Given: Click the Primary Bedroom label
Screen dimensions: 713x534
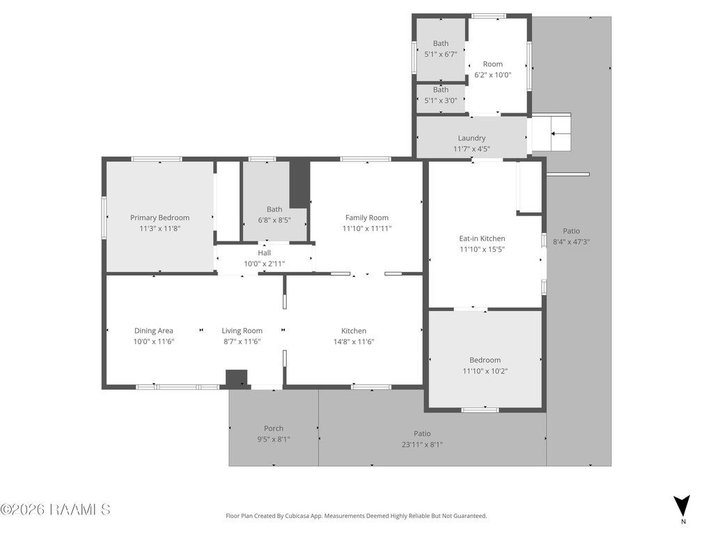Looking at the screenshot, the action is [159, 218].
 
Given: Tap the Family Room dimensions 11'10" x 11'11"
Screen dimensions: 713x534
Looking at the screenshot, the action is [367, 228].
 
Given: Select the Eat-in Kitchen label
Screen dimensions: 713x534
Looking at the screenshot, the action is [482, 238].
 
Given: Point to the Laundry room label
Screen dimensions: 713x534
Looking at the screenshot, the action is [471, 138].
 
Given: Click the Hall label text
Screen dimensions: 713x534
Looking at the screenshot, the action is [264, 253].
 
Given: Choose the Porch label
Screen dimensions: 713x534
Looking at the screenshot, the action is [274, 428].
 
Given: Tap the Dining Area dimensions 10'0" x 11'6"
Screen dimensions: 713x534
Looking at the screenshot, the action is [154, 341].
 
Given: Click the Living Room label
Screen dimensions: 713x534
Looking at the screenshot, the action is [242, 331].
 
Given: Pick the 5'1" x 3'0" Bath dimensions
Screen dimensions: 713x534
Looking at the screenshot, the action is [441, 100].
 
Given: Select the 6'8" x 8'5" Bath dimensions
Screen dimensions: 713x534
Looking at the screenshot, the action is [274, 220].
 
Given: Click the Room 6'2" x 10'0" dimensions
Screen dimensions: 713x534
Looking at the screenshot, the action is [493, 75].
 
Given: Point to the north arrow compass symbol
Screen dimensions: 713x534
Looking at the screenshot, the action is [682, 505].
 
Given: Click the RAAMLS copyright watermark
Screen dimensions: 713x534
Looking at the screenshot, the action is [55, 510].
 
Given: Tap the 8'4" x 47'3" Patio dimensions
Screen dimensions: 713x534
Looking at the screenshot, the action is [571, 242].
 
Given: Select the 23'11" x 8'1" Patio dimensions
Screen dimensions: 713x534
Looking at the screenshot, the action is [422, 444].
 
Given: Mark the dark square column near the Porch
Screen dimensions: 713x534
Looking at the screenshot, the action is [237, 379].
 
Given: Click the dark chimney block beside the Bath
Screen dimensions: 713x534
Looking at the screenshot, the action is [299, 184].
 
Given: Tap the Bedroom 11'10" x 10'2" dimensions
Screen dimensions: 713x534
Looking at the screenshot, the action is [485, 371].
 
